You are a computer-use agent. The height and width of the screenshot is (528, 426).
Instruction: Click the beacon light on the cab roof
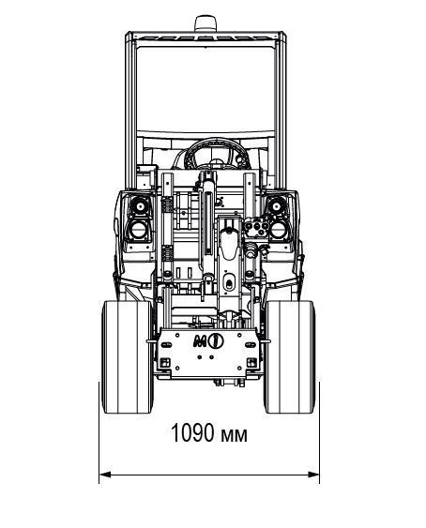(205, 23)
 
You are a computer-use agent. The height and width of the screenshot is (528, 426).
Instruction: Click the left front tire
(127, 357)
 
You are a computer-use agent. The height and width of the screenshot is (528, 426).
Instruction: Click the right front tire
(290, 357)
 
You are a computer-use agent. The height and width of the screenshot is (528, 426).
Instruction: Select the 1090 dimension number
(192, 432)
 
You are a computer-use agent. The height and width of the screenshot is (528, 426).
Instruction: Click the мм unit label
(234, 435)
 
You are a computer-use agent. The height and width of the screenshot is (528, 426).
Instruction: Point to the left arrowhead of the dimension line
(105, 475)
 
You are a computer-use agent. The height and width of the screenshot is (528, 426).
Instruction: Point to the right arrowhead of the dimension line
(313, 475)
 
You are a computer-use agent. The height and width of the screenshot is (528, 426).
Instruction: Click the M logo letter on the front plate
(200, 341)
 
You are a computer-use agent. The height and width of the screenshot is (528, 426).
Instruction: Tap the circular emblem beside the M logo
(216, 340)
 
